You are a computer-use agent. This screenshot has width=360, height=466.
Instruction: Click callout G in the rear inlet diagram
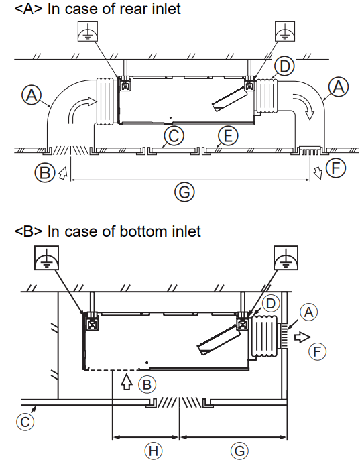[x=184, y=192]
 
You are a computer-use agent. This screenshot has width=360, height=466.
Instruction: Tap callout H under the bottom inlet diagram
[x=154, y=451]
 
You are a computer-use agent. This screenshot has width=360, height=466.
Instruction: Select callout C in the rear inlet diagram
[x=174, y=136]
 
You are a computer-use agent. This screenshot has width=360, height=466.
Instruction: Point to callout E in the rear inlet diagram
[x=228, y=136]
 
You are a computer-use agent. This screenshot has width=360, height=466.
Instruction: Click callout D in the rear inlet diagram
[x=284, y=66]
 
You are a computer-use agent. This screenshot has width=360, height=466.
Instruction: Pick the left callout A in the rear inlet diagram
[x=32, y=95]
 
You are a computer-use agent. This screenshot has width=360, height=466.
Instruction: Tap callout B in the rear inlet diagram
[x=45, y=172]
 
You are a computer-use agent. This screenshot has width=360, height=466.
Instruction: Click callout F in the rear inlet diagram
[x=336, y=168]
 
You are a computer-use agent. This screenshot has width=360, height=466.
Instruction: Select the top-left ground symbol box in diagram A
[x=88, y=32]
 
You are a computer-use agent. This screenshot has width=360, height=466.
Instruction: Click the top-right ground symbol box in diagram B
[x=286, y=257]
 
